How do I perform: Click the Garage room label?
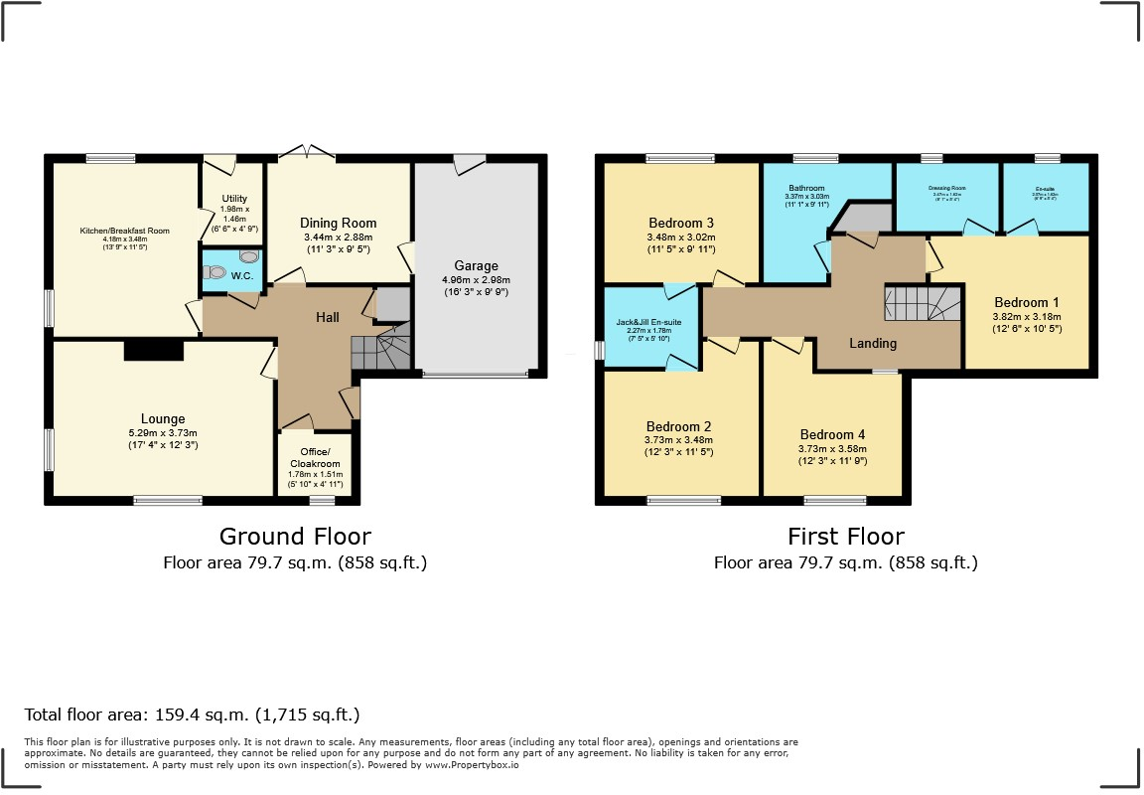click(x=476, y=266)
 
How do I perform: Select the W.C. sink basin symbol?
click(x=248, y=256)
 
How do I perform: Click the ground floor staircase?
click(x=381, y=351)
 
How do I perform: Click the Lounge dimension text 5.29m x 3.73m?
click(x=162, y=432)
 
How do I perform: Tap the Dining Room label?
click(x=339, y=224)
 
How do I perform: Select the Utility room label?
click(x=234, y=200)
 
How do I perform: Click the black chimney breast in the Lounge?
click(x=154, y=350)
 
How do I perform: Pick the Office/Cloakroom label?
click(x=315, y=458)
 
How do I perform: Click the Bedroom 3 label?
click(x=681, y=223)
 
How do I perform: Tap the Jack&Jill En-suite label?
click(x=648, y=323)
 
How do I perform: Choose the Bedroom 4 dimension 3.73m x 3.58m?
click(x=832, y=448)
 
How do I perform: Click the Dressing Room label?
click(x=946, y=188)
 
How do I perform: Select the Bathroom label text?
click(x=807, y=188)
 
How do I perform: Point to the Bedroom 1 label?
click(x=1027, y=302)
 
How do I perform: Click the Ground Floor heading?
click(x=295, y=537)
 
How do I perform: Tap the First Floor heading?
click(x=845, y=537)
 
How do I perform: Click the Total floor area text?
click(x=192, y=715)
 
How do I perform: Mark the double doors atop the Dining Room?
click(x=307, y=151)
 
